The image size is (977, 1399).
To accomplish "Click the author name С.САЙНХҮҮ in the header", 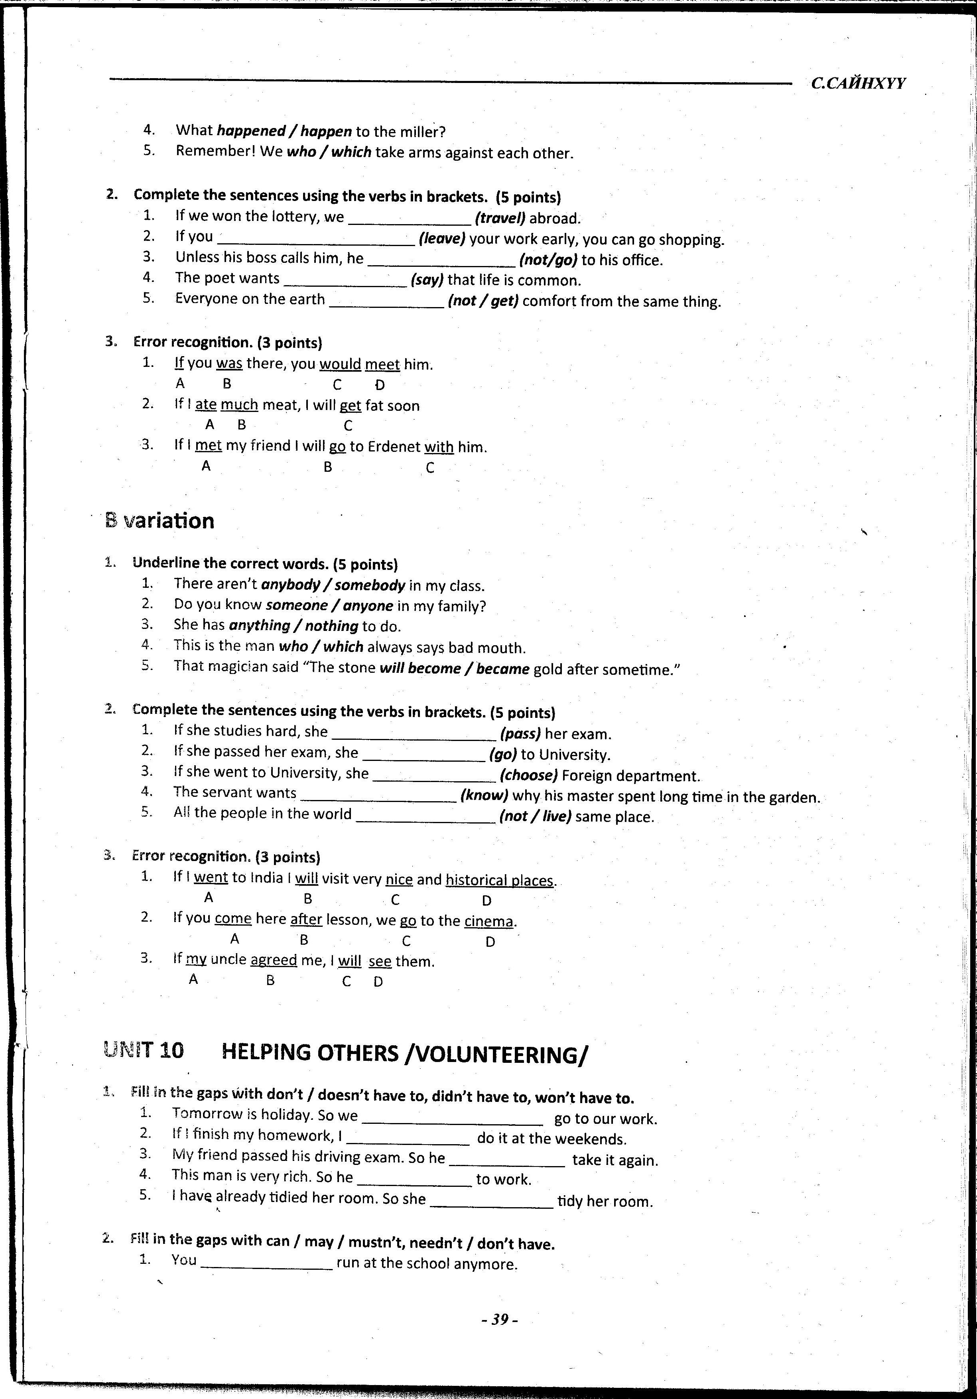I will coord(858,83).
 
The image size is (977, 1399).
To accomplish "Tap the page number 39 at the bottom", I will coord(499,1320).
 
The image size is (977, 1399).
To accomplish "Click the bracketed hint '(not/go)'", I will coord(548,260).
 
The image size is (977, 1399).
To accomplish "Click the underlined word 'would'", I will coord(340,365).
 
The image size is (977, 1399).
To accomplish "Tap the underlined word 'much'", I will coord(239,405).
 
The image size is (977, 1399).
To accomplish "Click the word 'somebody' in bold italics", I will coord(370,585).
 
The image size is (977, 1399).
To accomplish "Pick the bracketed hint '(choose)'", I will coord(529,776).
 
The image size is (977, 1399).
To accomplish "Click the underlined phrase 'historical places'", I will coord(499,881).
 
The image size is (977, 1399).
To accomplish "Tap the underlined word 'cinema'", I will coord(489,921).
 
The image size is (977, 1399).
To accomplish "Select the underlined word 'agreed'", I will coord(274,960).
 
